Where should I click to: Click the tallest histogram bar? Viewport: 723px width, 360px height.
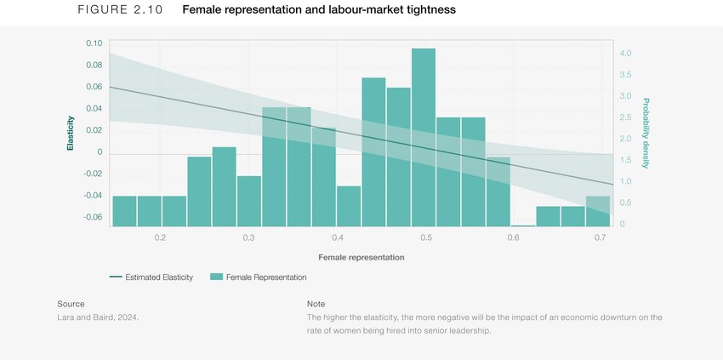pos(424,136)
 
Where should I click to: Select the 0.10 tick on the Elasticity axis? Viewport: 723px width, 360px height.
pos(94,43)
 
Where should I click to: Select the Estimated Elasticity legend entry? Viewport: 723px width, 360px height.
pos(151,277)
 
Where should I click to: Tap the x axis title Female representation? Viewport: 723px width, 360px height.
pos(361,257)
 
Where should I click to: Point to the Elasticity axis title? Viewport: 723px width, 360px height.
pos(71,134)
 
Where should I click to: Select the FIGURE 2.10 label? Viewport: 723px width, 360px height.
pos(114,10)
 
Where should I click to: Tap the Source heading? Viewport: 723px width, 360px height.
pos(71,304)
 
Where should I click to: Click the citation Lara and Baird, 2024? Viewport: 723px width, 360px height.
pos(97,317)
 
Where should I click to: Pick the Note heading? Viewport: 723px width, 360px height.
pos(316,304)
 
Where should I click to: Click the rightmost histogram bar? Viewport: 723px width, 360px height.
pos(598,212)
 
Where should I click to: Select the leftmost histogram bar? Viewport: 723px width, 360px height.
pos(124,211)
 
